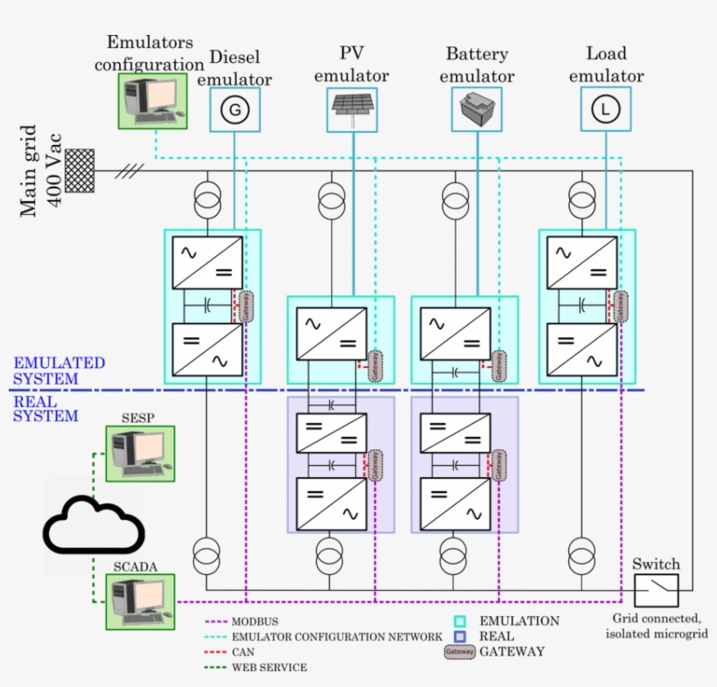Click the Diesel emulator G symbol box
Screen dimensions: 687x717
(x=235, y=109)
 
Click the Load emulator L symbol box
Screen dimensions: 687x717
(x=603, y=109)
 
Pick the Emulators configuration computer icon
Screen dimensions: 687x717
(x=154, y=100)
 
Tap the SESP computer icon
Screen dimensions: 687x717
(x=140, y=453)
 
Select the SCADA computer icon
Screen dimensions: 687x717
(x=140, y=601)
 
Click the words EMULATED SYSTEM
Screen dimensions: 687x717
(x=59, y=371)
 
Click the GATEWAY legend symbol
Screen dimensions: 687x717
(x=460, y=651)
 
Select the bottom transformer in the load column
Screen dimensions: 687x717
(x=581, y=553)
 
